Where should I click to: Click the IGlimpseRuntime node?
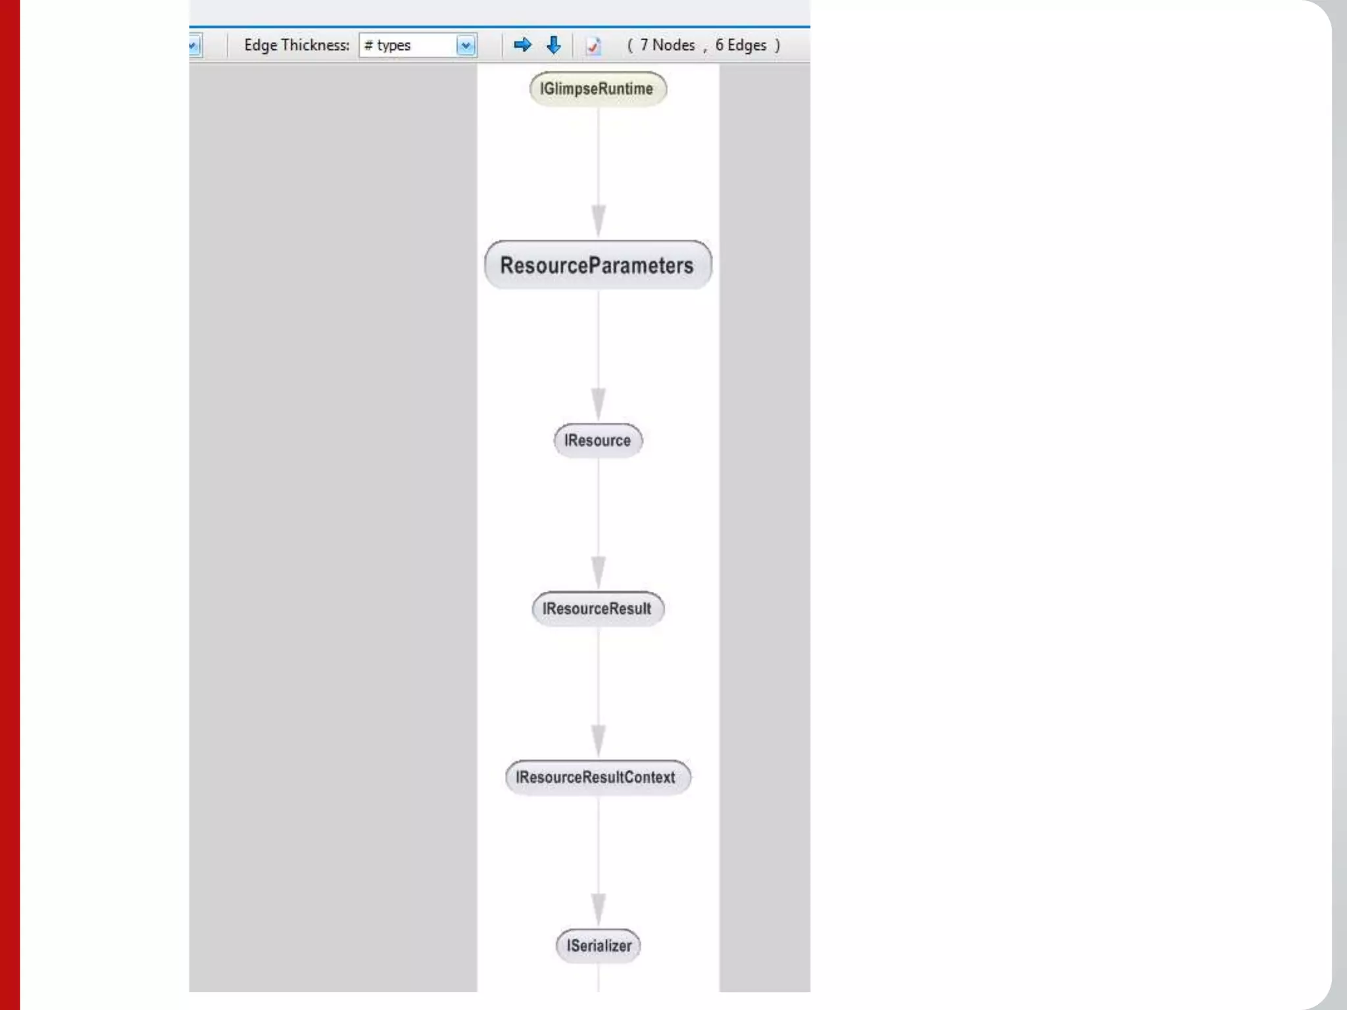pyautogui.click(x=597, y=89)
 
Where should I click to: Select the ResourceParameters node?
pyautogui.click(x=597, y=265)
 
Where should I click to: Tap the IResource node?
pyautogui.click(x=597, y=441)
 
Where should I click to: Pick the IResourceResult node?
pyautogui.click(x=597, y=609)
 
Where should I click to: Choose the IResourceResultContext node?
pyautogui.click(x=597, y=777)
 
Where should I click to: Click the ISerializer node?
pyautogui.click(x=599, y=946)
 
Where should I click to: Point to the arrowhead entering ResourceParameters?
pyautogui.click(x=599, y=221)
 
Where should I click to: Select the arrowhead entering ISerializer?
pyautogui.click(x=599, y=909)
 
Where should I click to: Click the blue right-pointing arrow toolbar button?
pyautogui.click(x=522, y=45)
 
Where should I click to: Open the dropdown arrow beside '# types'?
pyautogui.click(x=466, y=45)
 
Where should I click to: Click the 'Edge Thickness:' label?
pyautogui.click(x=297, y=45)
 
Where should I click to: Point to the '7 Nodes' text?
pyautogui.click(x=667, y=45)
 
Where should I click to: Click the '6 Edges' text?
pyautogui.click(x=741, y=45)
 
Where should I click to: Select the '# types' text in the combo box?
pyautogui.click(x=388, y=45)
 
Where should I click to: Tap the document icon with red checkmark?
pyautogui.click(x=593, y=46)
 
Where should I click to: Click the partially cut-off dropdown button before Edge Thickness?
pyautogui.click(x=194, y=45)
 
